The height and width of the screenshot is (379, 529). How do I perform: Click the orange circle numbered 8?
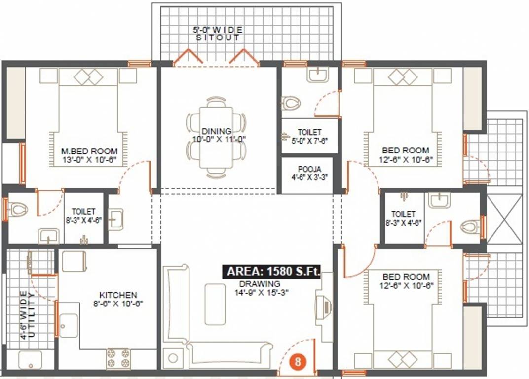[x=298, y=361]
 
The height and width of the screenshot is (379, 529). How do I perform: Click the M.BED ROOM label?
[x=89, y=151]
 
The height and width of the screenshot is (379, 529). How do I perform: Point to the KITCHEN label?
[x=117, y=295]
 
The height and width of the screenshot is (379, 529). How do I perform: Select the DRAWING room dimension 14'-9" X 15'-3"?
[x=263, y=292]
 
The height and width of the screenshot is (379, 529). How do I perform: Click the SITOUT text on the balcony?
[x=218, y=38]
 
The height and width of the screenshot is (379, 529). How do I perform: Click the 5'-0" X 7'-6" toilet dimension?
[x=309, y=140]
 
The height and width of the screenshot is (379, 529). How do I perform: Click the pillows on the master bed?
[x=89, y=77]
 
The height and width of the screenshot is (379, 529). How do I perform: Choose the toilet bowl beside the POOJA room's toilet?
[x=291, y=103]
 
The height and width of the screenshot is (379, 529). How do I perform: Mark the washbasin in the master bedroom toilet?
[x=49, y=236]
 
